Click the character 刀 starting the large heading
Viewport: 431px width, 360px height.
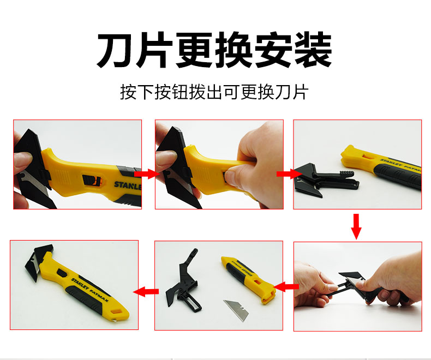[116, 50]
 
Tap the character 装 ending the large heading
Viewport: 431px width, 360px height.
[313, 50]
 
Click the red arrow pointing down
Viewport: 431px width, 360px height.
[356, 226]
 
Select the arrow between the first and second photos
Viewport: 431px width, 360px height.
[147, 174]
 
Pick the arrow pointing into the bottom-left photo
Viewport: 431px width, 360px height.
[146, 291]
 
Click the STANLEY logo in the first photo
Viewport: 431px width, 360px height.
[128, 185]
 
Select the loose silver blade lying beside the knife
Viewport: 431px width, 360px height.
[236, 310]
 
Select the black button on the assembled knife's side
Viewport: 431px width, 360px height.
[62, 273]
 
